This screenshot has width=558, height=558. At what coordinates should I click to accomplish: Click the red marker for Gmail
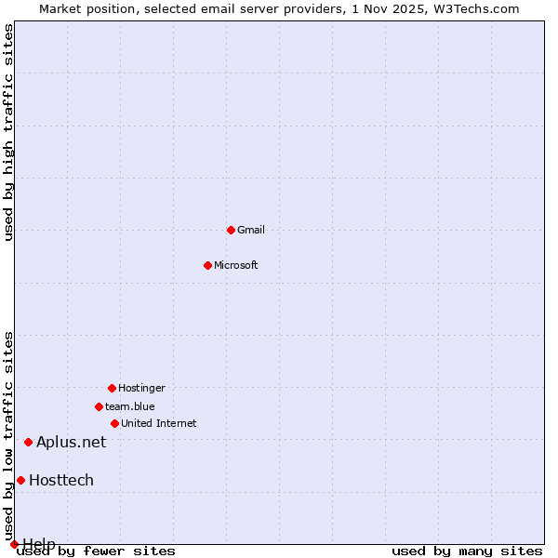(231, 230)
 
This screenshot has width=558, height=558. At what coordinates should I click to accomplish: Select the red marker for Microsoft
(207, 265)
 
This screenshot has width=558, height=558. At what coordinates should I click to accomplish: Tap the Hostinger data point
(112, 388)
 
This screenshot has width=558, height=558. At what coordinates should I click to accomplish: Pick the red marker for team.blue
(99, 406)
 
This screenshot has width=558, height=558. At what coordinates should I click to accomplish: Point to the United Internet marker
(114, 423)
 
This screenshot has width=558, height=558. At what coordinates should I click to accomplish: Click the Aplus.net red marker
(28, 442)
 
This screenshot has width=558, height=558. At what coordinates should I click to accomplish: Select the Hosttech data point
(20, 480)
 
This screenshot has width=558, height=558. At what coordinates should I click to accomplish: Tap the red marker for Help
(14, 544)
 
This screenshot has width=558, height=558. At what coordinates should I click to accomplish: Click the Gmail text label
(251, 230)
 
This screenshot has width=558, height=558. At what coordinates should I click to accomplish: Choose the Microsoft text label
(236, 265)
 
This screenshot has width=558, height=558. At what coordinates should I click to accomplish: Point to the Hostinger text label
(141, 388)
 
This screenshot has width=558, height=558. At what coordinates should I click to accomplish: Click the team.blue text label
(130, 406)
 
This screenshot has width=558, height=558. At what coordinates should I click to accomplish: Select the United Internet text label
(159, 423)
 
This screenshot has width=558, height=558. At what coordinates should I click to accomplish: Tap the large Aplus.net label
(72, 442)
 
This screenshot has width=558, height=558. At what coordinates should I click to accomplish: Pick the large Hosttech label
(61, 480)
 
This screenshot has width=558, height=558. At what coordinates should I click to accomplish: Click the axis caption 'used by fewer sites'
(97, 551)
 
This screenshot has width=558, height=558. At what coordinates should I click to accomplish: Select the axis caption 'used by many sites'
(467, 551)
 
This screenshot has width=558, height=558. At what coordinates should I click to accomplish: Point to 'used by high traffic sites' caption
(8, 131)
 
